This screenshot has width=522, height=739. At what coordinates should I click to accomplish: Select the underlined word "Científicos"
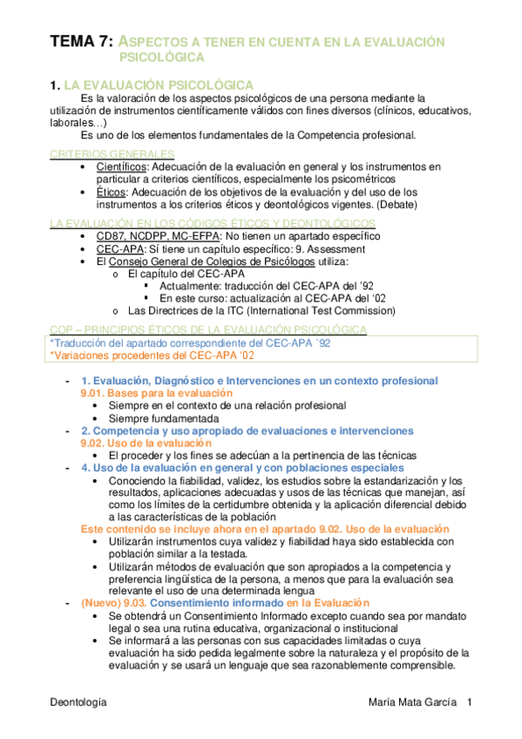point(122,166)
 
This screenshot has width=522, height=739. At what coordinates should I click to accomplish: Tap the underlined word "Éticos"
point(111,192)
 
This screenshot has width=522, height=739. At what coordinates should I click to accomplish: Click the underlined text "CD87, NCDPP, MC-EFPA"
point(159,236)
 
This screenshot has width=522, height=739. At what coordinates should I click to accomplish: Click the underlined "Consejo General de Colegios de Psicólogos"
point(197,261)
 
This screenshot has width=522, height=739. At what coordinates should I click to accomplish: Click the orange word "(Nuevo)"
point(101,603)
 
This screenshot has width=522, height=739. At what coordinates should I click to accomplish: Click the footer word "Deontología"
point(78,701)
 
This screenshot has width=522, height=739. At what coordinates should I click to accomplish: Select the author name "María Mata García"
point(414,701)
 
